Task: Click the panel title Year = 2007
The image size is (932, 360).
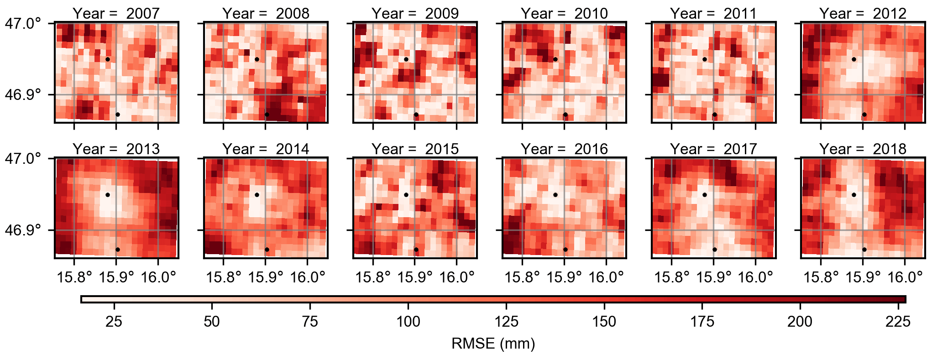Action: [x=116, y=13]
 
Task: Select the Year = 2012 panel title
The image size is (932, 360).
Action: [x=863, y=13]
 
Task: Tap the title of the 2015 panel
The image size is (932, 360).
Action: [x=415, y=149]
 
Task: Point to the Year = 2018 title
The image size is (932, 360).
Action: [x=863, y=149]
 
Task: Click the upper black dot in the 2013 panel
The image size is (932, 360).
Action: [x=108, y=195]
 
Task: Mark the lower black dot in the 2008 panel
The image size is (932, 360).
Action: [x=267, y=115]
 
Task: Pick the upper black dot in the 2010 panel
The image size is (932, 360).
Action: [x=555, y=59]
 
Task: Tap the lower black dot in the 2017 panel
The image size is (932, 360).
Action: [x=715, y=250]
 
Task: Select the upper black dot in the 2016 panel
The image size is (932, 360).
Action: [x=555, y=195]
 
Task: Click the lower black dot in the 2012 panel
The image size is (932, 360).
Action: [x=864, y=115]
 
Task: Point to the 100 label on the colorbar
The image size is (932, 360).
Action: [x=408, y=322]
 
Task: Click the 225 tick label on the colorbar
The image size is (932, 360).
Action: [x=898, y=322]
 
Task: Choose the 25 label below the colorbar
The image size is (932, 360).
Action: [x=114, y=322]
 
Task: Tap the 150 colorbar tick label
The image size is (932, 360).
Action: [x=604, y=322]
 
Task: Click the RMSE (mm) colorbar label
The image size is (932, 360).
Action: [x=493, y=344]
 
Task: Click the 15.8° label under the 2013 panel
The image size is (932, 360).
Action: [x=74, y=277]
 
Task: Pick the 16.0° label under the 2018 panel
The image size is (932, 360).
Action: [x=905, y=277]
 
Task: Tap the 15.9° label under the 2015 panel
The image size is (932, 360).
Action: [x=415, y=277]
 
